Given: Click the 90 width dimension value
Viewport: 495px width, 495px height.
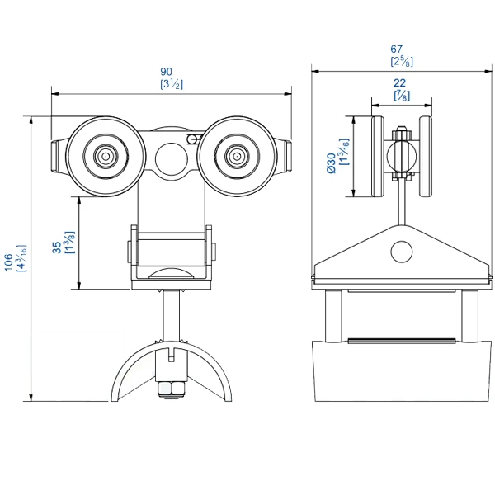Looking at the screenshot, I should tap(172, 72).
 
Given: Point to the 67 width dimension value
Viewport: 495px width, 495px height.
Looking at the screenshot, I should tap(402, 49).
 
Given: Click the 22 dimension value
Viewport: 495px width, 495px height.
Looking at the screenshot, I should tap(402, 83).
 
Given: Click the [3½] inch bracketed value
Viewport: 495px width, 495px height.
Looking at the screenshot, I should tap(172, 84).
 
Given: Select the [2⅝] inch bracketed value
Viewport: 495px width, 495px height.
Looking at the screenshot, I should tap(402, 61).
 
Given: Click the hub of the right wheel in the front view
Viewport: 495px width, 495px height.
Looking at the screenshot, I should tap(237, 155).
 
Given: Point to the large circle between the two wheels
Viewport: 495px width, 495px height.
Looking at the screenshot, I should tap(172, 157).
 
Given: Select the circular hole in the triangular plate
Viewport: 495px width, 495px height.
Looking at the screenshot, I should tap(402, 250).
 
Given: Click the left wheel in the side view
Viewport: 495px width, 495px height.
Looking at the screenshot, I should tap(378, 157).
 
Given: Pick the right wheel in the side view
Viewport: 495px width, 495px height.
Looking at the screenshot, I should tap(427, 157).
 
